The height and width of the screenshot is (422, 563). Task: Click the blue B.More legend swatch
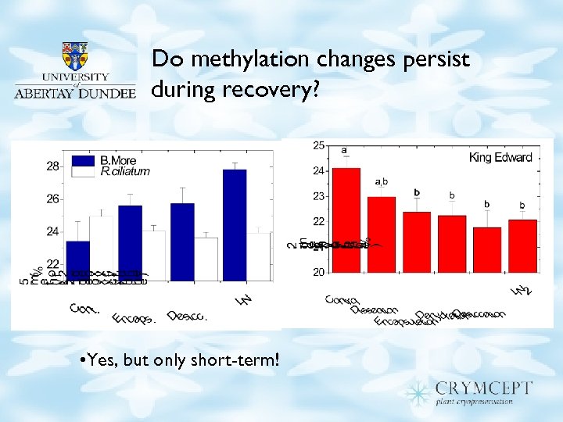coord(84,161)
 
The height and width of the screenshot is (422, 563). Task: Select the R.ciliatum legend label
coord(125,171)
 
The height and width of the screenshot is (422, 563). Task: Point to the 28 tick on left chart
coord(52,166)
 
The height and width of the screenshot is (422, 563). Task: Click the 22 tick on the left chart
coord(52,264)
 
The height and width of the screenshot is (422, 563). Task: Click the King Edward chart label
coord(500,157)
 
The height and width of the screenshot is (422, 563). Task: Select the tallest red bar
coord(345,220)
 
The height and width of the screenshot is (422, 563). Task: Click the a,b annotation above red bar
coord(382,181)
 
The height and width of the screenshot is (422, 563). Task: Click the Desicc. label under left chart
coord(187,316)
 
